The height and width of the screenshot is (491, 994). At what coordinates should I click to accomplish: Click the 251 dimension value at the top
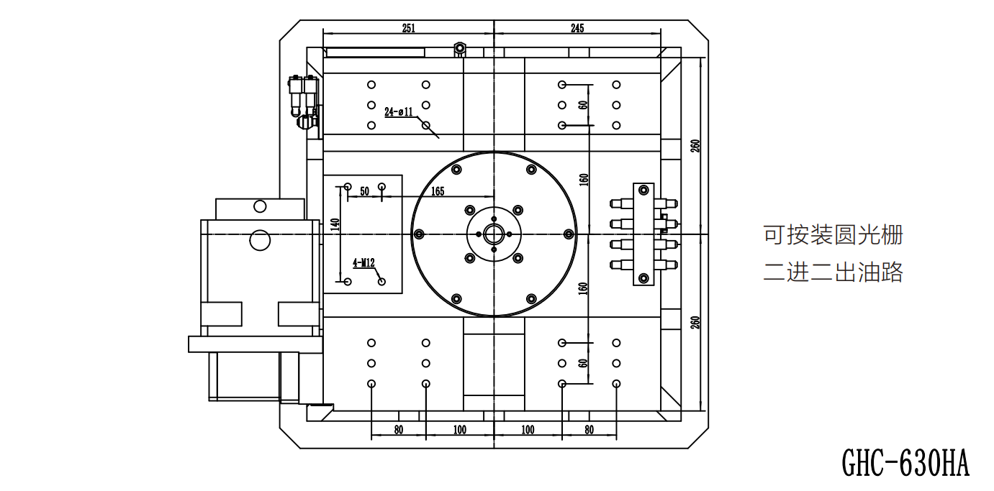[408, 28]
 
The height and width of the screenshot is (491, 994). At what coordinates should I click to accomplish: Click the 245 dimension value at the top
[577, 28]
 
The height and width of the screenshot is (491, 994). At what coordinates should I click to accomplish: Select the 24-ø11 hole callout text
[399, 111]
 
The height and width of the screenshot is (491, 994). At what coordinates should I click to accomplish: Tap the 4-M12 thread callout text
[364, 263]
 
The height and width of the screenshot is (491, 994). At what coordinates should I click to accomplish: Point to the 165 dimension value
[438, 191]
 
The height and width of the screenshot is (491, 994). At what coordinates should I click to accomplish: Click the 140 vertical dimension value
[335, 225]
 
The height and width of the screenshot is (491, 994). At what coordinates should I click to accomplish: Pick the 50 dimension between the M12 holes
[364, 191]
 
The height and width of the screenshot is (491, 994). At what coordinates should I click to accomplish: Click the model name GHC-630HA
[905, 463]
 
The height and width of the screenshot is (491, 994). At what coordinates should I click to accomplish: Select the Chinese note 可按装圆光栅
[833, 235]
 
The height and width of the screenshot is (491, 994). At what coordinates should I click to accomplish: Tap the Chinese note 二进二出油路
[833, 272]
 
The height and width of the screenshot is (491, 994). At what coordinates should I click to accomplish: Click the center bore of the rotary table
[494, 234]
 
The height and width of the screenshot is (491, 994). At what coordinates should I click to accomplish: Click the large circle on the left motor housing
[260, 240]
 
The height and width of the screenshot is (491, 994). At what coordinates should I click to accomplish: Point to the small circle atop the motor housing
[260, 206]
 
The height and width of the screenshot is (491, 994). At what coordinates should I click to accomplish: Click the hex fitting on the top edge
[460, 48]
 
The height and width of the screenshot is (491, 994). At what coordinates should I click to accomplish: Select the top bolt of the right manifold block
[643, 191]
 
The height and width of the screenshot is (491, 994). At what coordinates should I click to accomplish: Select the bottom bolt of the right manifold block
[643, 278]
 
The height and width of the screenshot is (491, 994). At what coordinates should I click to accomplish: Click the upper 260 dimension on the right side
[695, 146]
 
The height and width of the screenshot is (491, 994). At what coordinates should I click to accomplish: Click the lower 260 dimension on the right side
[695, 322]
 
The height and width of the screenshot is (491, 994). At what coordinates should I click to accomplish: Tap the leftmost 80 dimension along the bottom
[399, 430]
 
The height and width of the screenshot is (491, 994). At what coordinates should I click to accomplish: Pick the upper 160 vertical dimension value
[584, 180]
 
